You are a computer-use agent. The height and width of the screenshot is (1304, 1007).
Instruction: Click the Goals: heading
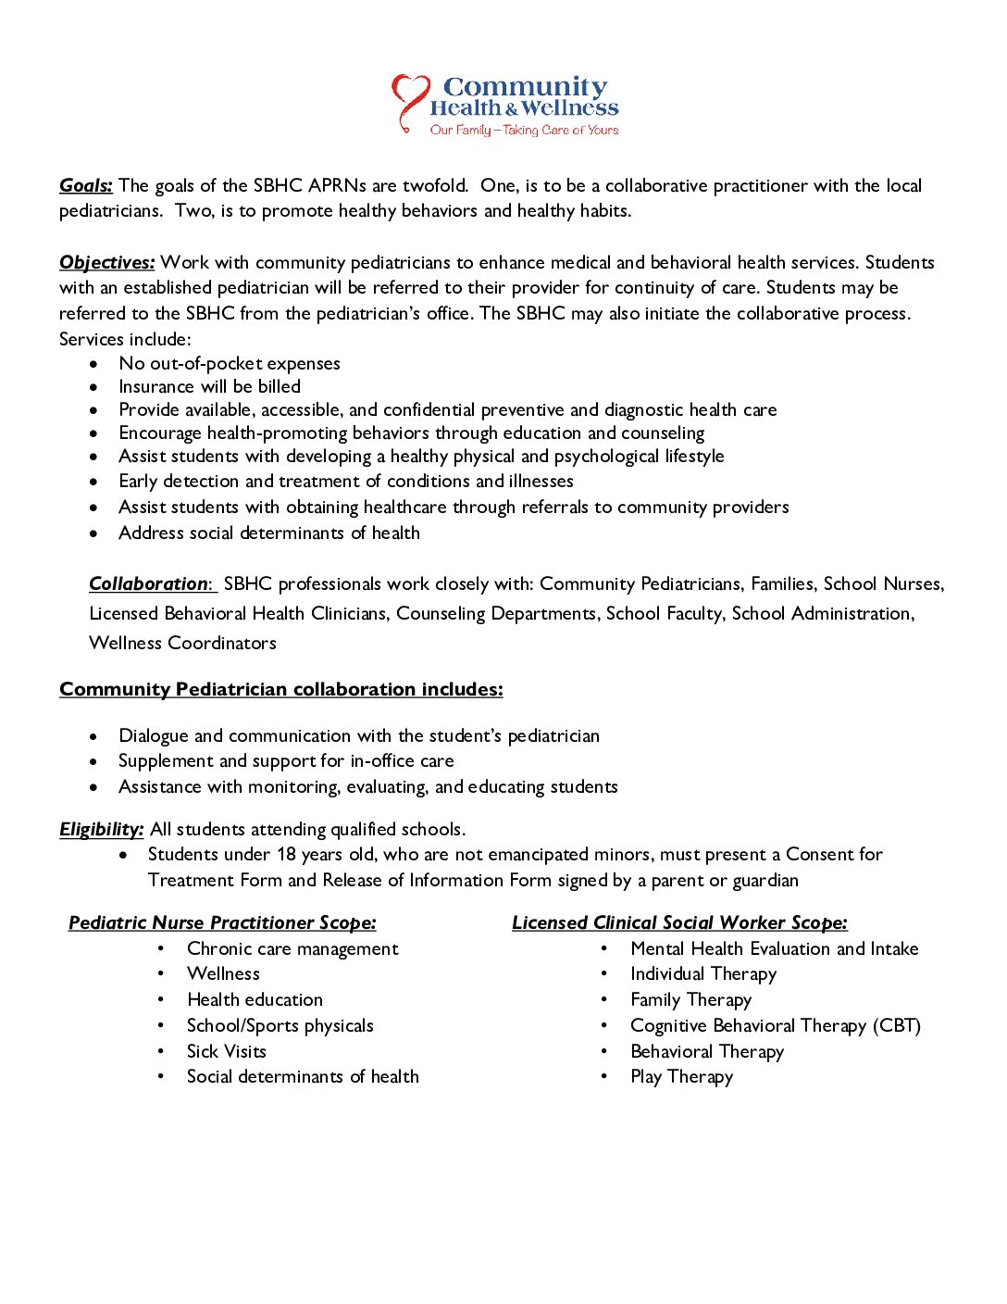click(86, 186)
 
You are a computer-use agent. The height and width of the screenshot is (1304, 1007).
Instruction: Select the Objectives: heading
click(107, 263)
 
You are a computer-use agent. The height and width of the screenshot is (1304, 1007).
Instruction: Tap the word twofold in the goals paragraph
click(435, 186)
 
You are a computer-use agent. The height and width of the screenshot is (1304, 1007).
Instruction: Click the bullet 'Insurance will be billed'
click(209, 387)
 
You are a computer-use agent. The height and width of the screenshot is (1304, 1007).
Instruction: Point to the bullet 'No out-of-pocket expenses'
click(230, 364)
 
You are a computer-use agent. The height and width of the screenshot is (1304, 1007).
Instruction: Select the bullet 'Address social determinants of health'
click(269, 533)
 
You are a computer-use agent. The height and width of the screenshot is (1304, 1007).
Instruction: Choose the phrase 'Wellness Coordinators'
click(182, 644)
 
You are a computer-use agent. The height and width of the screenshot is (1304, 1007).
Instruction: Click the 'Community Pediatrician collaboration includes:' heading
click(281, 690)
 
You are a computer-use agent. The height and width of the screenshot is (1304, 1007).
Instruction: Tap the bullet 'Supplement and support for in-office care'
click(286, 761)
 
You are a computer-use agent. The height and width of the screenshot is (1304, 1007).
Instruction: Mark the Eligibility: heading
click(102, 830)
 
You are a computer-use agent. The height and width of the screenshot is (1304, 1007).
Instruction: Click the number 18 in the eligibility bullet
click(286, 855)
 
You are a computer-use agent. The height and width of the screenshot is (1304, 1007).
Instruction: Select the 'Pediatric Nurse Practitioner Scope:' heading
click(222, 923)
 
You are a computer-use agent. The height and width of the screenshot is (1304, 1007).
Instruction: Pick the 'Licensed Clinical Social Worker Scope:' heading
click(679, 923)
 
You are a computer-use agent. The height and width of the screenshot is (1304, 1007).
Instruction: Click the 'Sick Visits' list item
click(227, 1052)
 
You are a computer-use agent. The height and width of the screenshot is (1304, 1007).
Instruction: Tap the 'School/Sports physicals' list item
click(280, 1026)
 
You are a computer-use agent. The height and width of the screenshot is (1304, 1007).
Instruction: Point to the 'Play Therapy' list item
click(682, 1077)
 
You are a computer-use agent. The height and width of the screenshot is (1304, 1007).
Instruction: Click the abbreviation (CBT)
click(897, 1026)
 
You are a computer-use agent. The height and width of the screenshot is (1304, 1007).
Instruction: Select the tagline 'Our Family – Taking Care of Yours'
click(524, 131)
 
